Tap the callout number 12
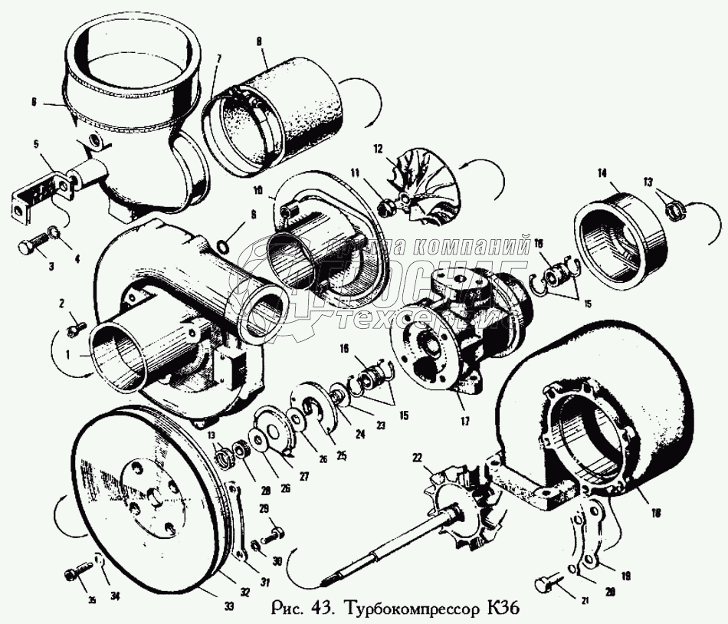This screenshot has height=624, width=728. [x=377, y=147]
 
